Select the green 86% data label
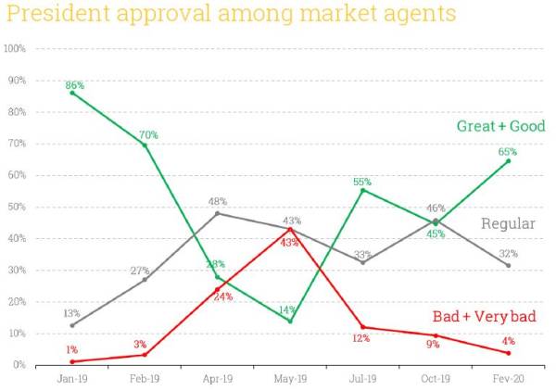coord(75,85)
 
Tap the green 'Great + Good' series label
coord(500,126)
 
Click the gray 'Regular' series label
coord(508,223)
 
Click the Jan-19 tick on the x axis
coord(72,378)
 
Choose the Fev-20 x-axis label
coord(508,378)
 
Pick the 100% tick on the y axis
coord(14,48)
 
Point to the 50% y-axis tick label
coord(16,207)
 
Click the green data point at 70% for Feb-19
coord(145,145)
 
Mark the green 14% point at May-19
coord(290,321)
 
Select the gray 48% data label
coord(218,201)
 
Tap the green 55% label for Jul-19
coord(362,182)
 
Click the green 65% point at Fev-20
coord(508,160)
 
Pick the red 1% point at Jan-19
coord(72,361)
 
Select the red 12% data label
coord(361,338)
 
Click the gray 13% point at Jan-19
coord(72,324)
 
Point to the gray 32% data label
coord(508,253)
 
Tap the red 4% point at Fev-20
coord(508,353)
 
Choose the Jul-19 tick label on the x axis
coord(362,378)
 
